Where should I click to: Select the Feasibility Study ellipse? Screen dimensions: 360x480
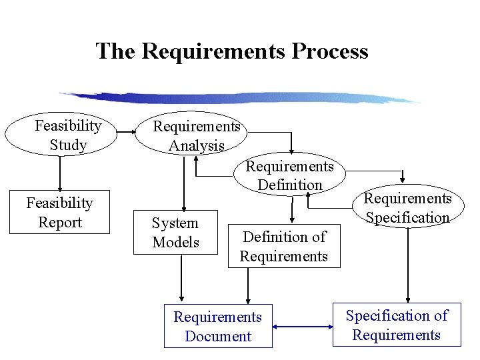(x=61, y=135)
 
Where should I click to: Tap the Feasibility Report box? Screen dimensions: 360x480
(x=59, y=213)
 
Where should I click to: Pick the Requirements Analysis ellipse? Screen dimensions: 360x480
(x=196, y=135)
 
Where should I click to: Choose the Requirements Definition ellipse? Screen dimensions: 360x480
(x=290, y=175)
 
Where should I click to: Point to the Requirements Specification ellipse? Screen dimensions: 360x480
(x=407, y=207)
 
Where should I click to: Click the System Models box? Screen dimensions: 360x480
(x=175, y=233)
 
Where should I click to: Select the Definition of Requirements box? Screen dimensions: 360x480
(x=284, y=247)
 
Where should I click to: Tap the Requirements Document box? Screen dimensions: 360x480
(x=218, y=327)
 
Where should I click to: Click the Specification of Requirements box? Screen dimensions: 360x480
(x=397, y=325)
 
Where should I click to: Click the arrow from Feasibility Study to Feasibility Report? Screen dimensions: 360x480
(x=60, y=173)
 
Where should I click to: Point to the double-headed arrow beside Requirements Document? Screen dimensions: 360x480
(x=303, y=327)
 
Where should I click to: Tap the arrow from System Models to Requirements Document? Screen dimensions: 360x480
(x=181, y=280)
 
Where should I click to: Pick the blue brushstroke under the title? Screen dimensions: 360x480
(x=240, y=98)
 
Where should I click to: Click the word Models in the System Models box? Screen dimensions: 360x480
(x=175, y=242)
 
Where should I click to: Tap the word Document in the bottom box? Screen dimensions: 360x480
(x=218, y=337)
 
